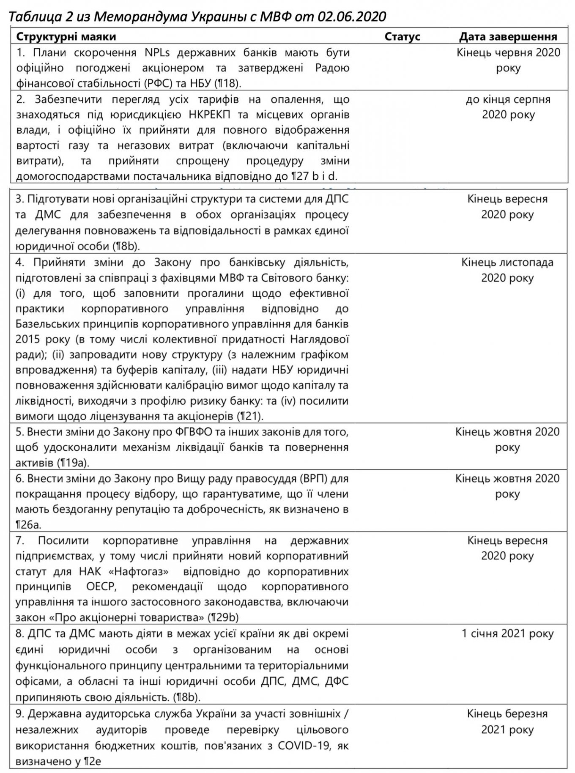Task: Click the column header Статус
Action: pos(402,36)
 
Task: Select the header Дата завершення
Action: pos(508,36)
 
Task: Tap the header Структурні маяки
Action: pos(66,36)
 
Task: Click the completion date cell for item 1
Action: pos(508,60)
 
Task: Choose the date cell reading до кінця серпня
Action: pos(508,99)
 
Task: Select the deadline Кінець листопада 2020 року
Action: pos(507,270)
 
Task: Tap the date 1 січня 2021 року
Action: pos(507,633)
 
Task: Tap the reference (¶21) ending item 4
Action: pos(250,416)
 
